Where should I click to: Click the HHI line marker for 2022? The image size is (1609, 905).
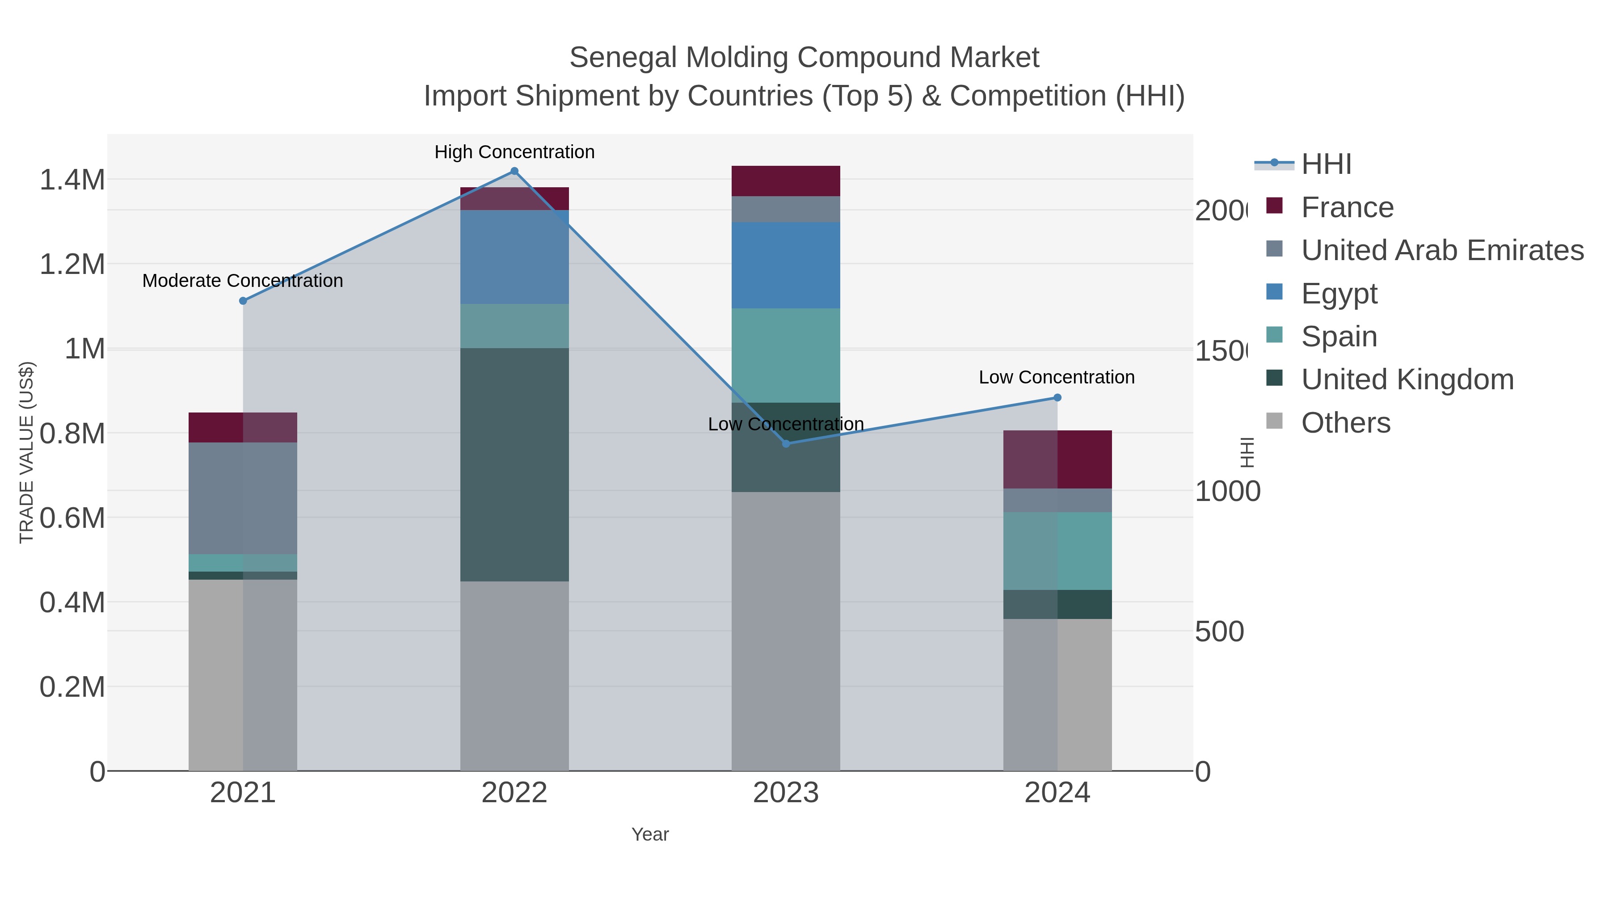coord(514,171)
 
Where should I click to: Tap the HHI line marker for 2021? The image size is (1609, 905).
coord(243,301)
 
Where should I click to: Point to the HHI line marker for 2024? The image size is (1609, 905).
coord(1057,398)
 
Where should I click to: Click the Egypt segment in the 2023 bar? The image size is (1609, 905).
coord(785,265)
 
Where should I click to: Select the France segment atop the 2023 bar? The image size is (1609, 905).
coord(785,181)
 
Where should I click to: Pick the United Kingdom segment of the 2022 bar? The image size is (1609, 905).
coord(514,465)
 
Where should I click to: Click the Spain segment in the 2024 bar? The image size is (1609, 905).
coord(1057,551)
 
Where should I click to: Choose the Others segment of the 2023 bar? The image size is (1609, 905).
coord(785,631)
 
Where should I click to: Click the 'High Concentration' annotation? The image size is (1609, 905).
coord(514,152)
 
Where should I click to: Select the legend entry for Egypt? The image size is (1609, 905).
coord(1339,294)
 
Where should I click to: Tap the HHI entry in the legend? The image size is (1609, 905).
coord(1326,164)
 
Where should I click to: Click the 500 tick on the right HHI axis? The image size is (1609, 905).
coord(1219,632)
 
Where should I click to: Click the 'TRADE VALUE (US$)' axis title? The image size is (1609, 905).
coord(26,452)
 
